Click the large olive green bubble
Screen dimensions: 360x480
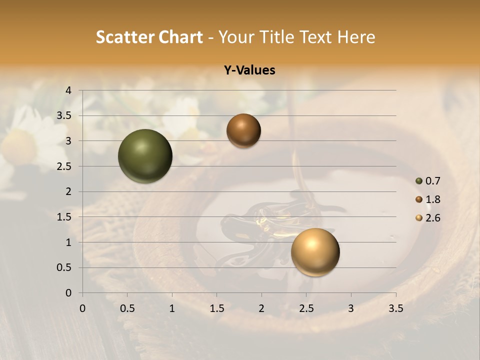[x=145, y=156]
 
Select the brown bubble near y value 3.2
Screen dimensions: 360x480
[x=243, y=130]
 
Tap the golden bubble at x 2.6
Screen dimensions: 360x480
[x=315, y=252]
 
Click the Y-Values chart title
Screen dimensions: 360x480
[x=249, y=70]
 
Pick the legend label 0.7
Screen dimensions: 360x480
[x=432, y=181]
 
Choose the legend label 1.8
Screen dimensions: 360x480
[x=432, y=199]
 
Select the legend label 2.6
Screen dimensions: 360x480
[x=432, y=218]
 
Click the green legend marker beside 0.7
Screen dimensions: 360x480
[x=419, y=181]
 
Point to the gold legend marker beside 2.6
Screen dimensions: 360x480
[x=419, y=218]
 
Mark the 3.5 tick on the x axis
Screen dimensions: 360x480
[x=395, y=308]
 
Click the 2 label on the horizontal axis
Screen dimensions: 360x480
[x=261, y=308]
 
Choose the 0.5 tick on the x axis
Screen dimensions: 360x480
[x=127, y=308]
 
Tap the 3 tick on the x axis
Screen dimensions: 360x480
[x=351, y=308]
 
